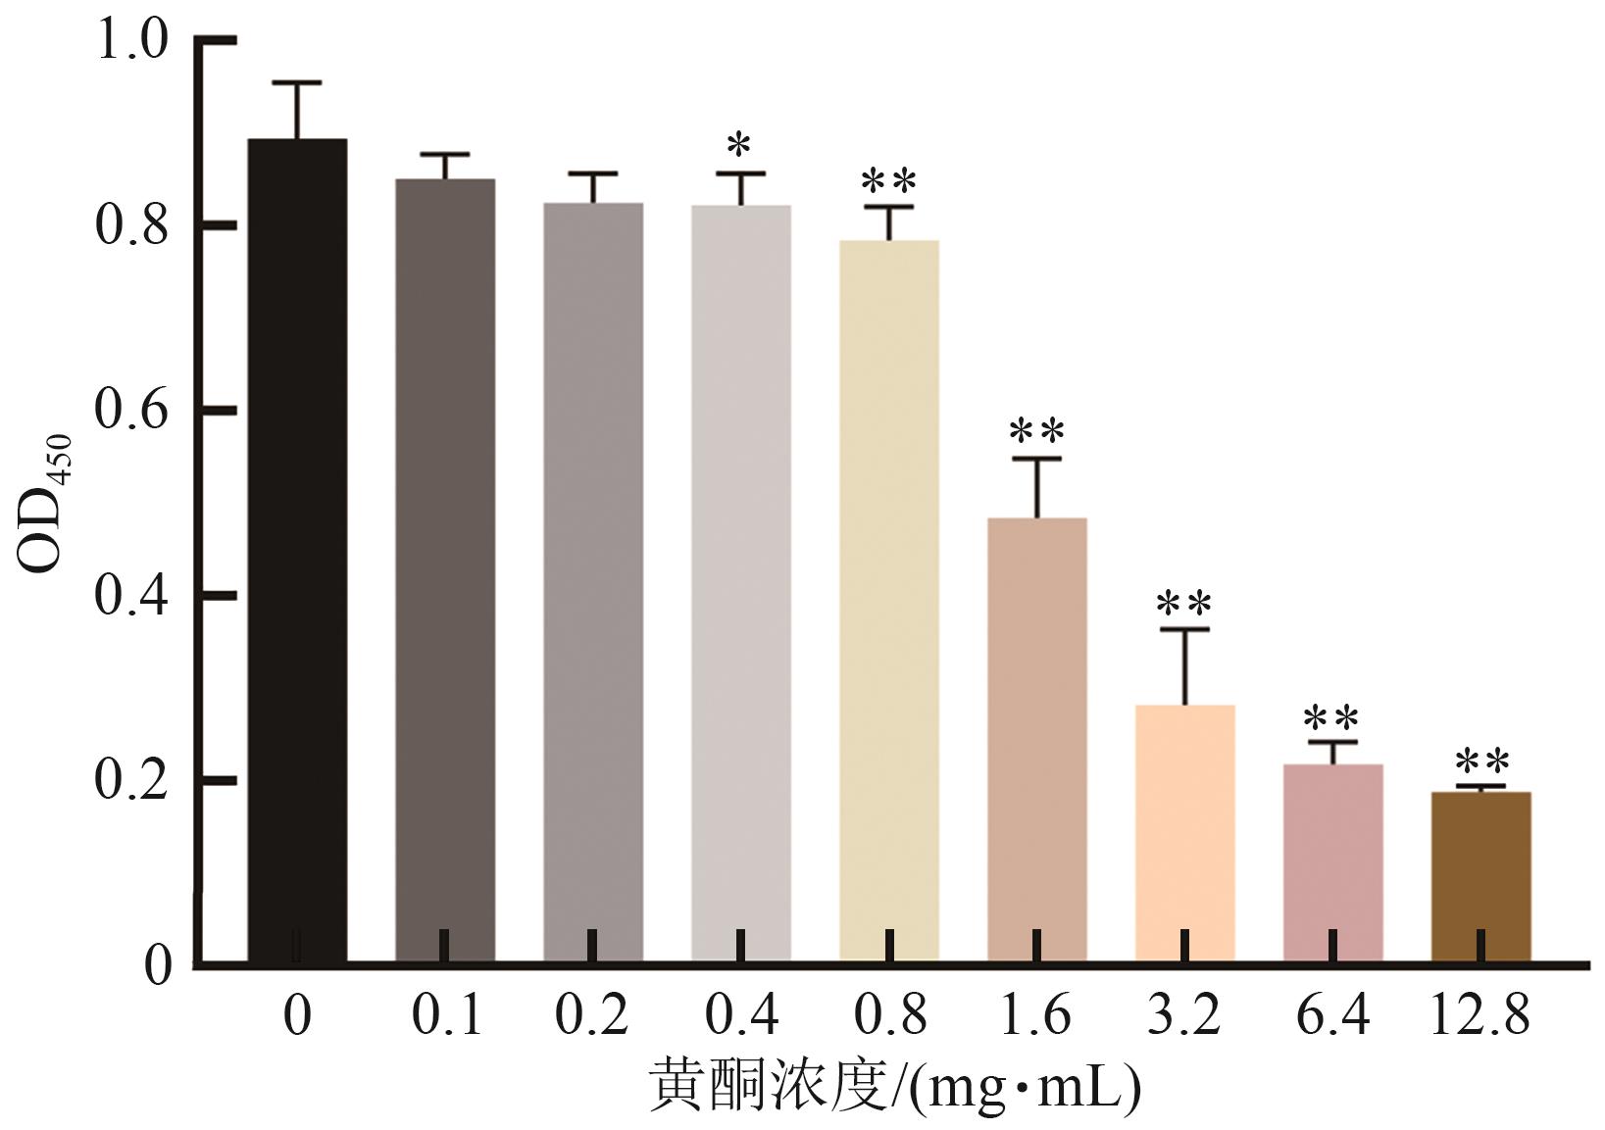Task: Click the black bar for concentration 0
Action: pos(297,550)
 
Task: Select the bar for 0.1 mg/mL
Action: pos(445,570)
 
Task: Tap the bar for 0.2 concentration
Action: pos(593,582)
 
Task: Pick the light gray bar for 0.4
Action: pos(741,583)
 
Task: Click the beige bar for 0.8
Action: pos(889,601)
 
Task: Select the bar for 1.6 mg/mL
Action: pos(1036,740)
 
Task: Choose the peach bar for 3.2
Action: pos(1185,834)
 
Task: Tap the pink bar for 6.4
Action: pos(1332,862)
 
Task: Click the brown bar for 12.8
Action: pos(1481,876)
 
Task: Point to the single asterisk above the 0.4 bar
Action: pos(738,145)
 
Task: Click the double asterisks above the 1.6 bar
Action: pos(1036,431)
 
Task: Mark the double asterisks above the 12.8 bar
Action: pos(1482,762)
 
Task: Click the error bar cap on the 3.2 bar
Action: pos(1185,629)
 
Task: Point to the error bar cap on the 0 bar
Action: pos(297,83)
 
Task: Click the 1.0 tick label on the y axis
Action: pos(131,38)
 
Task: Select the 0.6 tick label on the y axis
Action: pos(131,409)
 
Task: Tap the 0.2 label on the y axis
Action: pos(131,780)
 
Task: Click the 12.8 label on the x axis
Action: pos(1480,1014)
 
